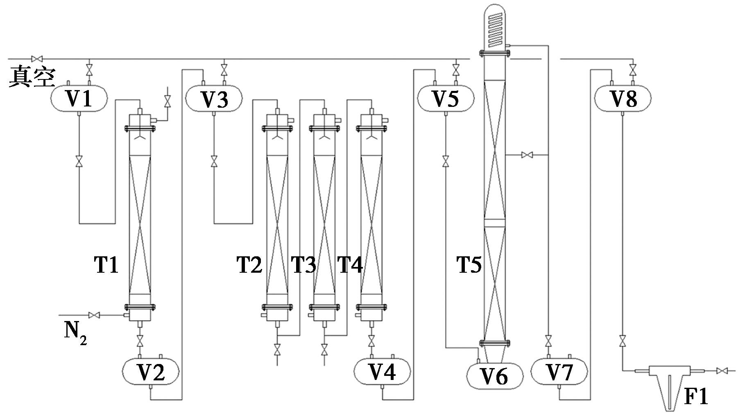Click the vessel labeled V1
pos(79,98)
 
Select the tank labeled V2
pos(151,372)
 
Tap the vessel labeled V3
pos(214,98)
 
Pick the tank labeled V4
pos(382,372)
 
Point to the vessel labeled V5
pos(446,98)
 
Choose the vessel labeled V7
pos(559,372)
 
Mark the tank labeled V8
pos(623,98)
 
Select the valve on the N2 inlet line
pos(95,315)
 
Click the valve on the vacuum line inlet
pos(37,59)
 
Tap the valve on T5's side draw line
pos(527,155)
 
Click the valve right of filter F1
pos(722,371)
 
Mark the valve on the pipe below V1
pos(79,161)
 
